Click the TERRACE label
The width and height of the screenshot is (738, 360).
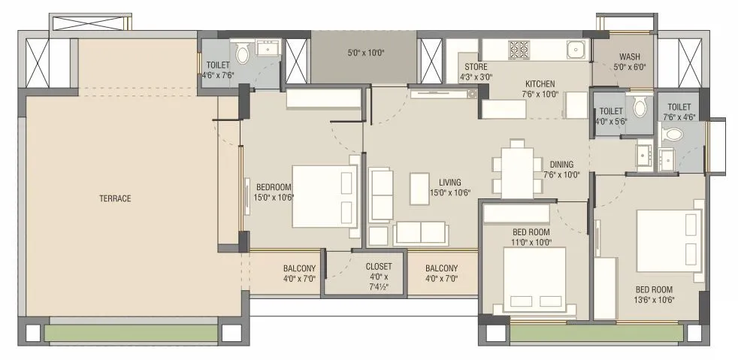point(115,198)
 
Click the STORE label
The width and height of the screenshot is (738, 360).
point(470,66)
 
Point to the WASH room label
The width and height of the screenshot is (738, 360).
point(629,57)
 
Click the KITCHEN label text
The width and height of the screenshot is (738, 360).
point(540,83)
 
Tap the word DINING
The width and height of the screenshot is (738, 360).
point(561,165)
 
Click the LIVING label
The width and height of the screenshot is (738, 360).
point(450,183)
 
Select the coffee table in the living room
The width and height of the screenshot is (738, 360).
point(419,189)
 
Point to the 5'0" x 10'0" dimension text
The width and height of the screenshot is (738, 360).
point(366,53)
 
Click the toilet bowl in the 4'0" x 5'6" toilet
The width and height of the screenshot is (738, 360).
point(640,107)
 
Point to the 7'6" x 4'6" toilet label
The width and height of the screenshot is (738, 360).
point(678,112)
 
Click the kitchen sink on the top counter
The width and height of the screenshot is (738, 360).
point(576,50)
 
